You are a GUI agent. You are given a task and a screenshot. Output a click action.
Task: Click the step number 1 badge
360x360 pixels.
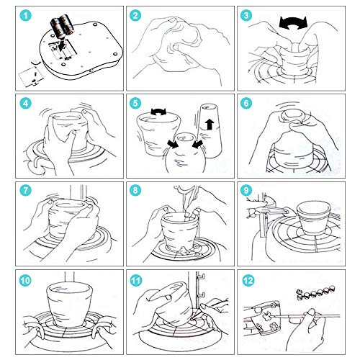point(25,16)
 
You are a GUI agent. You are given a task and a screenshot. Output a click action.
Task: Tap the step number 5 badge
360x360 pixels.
point(135,104)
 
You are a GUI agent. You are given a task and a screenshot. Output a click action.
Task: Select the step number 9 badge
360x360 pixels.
point(246,191)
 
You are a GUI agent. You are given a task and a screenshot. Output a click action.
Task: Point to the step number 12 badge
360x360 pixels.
point(248,280)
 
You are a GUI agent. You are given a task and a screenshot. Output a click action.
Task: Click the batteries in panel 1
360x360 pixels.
point(60,26)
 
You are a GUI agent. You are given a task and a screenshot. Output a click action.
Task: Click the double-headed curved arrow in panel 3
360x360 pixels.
point(293,23)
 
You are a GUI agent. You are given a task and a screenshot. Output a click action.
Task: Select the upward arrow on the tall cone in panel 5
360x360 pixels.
point(210,125)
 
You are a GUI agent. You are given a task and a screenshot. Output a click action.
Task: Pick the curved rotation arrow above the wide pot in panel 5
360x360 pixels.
point(158,112)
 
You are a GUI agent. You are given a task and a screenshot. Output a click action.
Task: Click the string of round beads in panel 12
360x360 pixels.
point(315,293)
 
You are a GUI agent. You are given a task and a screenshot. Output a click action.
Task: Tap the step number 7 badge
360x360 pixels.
point(25,191)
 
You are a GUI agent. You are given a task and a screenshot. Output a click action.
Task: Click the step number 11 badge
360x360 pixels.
point(136,280)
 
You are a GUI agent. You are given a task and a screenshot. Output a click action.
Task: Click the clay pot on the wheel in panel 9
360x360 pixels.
point(314,218)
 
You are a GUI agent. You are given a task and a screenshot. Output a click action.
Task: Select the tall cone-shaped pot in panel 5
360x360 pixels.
point(210,130)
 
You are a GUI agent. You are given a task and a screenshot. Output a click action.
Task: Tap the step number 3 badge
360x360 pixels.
point(246,16)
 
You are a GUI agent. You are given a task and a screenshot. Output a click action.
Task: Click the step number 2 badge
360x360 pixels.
point(135,16)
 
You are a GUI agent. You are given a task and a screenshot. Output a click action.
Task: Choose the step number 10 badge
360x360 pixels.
point(25,280)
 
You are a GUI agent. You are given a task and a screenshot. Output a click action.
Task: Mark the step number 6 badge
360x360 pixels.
point(246,104)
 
